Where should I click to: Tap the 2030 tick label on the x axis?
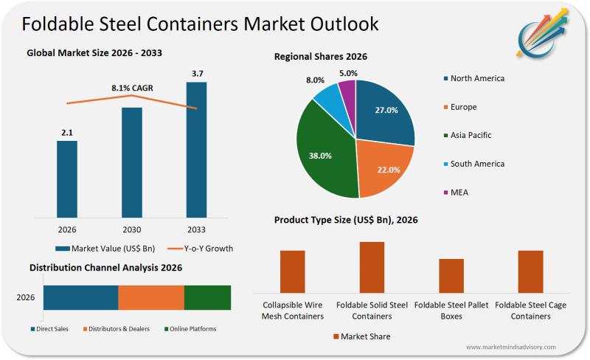pyautogui.click(x=131, y=230)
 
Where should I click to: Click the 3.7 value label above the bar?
pyautogui.click(x=196, y=73)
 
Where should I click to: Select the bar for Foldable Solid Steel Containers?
pyautogui.click(x=372, y=267)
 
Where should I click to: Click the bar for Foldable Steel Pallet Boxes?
pyautogui.click(x=451, y=276)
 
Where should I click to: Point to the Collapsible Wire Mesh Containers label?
pyautogui.click(x=293, y=311)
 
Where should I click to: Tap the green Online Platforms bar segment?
pyautogui.click(x=207, y=297)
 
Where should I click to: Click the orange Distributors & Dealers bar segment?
pyautogui.click(x=151, y=297)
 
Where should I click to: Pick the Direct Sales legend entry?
pyautogui.click(x=52, y=329)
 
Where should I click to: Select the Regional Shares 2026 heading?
pyautogui.click(x=321, y=56)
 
